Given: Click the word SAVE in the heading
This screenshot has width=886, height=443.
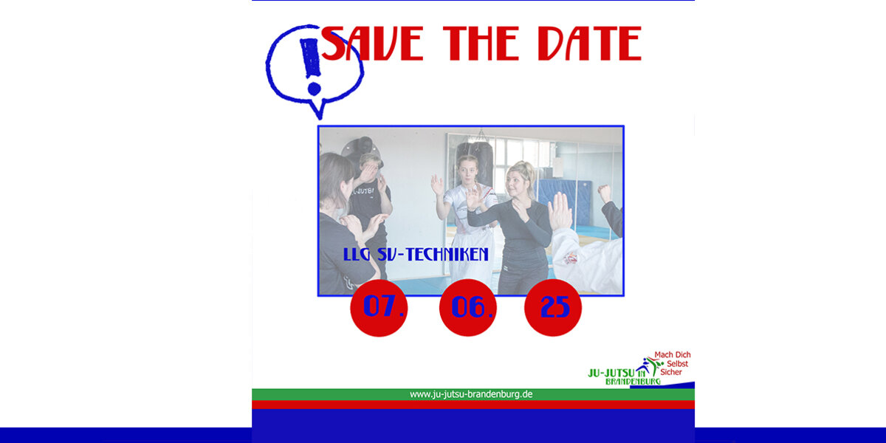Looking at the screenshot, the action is pos(373,44).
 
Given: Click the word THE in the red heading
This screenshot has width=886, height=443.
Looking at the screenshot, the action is pos(481,44).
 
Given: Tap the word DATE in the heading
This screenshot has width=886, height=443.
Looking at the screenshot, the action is pos(589,44).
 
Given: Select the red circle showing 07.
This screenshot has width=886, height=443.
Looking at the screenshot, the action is pos(379,308).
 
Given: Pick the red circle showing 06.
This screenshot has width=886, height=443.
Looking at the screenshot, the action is pos(468,308).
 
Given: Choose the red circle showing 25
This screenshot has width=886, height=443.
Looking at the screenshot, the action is pos(553,308).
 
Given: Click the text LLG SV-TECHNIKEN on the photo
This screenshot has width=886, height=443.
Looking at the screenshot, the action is pos(416,254).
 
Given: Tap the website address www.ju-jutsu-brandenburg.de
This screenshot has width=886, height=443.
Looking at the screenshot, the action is pos(471,394).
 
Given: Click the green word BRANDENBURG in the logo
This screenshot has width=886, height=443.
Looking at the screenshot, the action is pos(633,382).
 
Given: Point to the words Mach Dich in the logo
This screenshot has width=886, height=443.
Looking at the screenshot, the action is pos(673,355).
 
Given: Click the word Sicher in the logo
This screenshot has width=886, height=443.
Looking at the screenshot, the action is pos(671,372).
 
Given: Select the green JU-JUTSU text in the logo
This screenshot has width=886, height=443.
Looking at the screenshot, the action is pos(611,373).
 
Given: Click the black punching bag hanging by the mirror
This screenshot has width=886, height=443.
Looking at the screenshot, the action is pos(475,162).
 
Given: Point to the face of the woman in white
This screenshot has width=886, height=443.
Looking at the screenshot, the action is pos(467,171).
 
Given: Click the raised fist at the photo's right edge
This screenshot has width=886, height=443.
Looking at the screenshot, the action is pos(604,193).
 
